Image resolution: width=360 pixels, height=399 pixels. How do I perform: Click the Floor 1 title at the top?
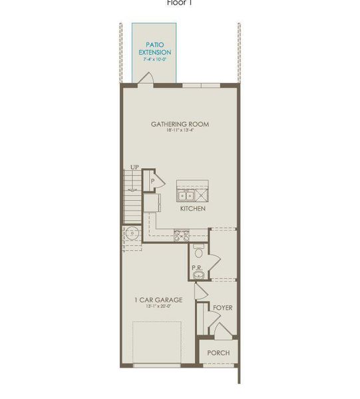180,3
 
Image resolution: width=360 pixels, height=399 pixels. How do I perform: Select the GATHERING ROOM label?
180,124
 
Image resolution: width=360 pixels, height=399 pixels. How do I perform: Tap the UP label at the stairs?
134,167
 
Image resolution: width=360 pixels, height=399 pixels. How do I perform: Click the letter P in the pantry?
152,180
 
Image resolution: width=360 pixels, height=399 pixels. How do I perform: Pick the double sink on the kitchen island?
186,195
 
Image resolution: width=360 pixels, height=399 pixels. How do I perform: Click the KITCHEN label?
192,209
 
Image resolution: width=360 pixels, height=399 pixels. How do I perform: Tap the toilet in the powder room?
198,251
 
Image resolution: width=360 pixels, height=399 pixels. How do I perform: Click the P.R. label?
197,267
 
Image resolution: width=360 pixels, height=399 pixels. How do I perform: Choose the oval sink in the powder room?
198,276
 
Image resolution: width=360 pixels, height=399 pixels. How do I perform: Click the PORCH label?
218,352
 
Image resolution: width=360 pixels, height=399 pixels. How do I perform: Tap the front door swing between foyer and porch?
214,328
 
